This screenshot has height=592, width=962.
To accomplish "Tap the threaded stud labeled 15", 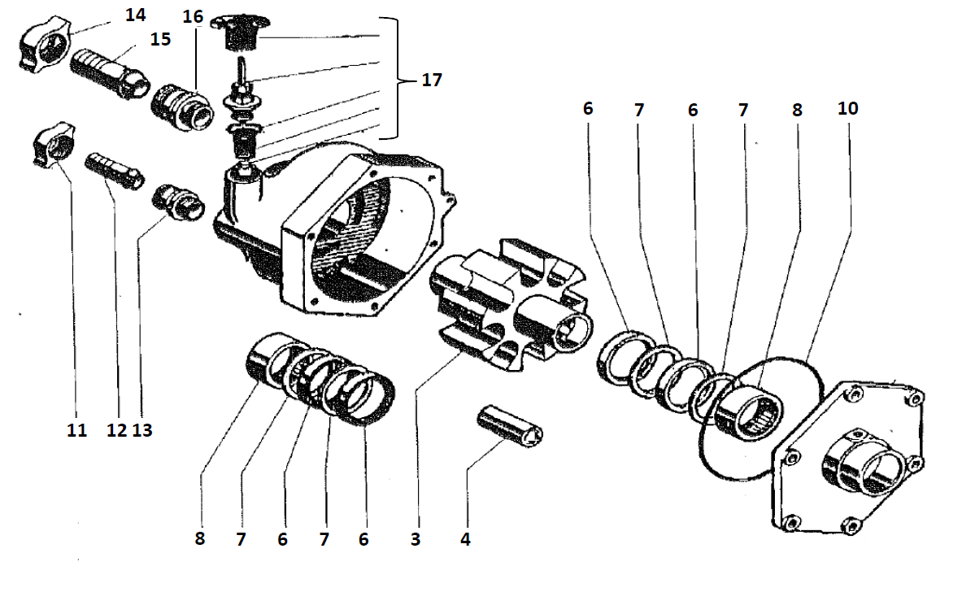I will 107,74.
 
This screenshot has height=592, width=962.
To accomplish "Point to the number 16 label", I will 192,17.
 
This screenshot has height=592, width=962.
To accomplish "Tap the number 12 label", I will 116,430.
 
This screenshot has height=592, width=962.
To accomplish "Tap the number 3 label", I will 416,539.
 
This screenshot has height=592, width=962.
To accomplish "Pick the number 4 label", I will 465,539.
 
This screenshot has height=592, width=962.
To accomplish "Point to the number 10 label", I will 847,108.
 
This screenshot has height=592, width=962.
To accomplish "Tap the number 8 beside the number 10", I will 796,109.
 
